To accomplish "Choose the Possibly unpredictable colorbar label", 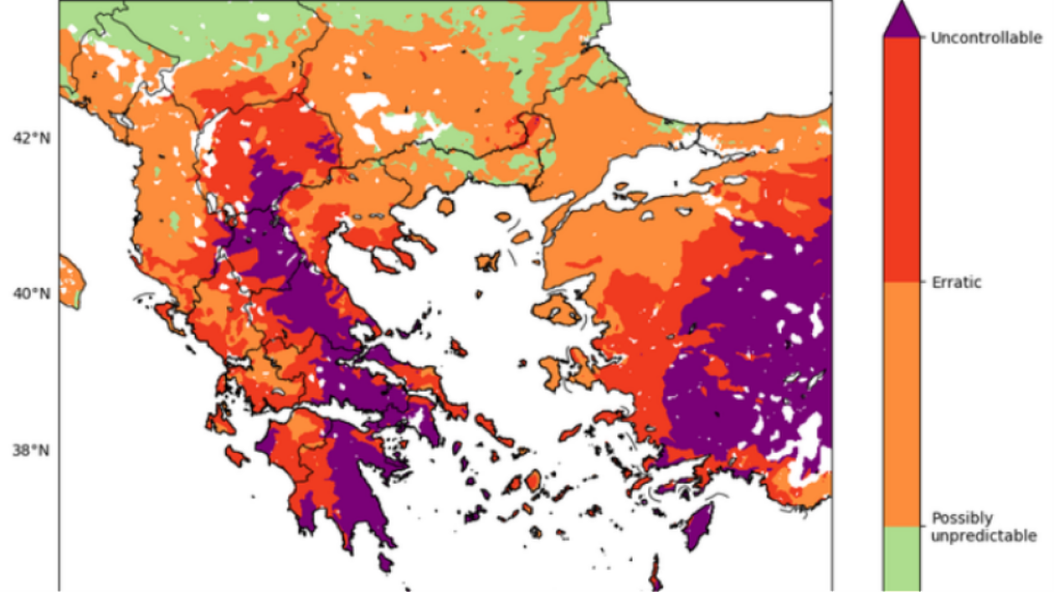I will point(983,527).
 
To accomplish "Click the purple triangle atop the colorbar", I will point(901,21).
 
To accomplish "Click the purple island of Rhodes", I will point(698,528).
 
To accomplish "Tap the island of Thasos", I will point(445,206).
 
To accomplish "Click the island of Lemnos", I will point(488,263).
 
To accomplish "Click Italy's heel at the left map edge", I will point(70,281).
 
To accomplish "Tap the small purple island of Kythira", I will point(386,561).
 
